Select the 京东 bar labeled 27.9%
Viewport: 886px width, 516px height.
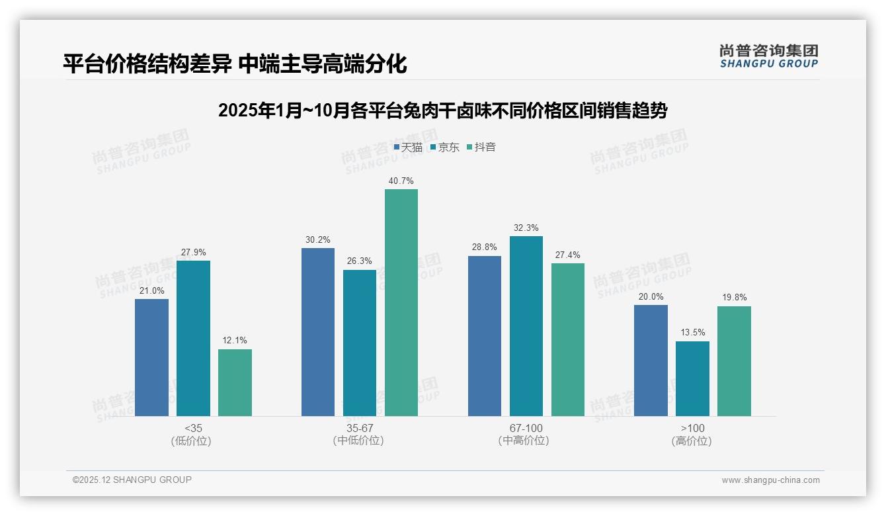click(193, 338)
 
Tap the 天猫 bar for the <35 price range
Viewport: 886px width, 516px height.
click(151, 357)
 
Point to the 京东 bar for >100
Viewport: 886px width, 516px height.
click(692, 378)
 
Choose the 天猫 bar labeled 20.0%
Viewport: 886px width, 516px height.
click(651, 361)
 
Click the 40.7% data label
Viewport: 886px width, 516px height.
click(401, 181)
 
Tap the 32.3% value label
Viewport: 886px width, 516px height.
click(526, 228)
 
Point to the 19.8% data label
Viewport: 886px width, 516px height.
click(734, 297)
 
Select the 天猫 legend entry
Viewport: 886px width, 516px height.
click(408, 147)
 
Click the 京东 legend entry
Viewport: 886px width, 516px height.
click(445, 147)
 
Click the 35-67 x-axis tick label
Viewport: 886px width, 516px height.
click(359, 428)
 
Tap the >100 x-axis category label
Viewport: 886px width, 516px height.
click(692, 428)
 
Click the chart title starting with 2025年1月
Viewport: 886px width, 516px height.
click(442, 110)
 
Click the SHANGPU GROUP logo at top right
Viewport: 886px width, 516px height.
click(768, 56)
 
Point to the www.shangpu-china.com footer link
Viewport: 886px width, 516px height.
click(770, 480)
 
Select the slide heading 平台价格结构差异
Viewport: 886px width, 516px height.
click(235, 64)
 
